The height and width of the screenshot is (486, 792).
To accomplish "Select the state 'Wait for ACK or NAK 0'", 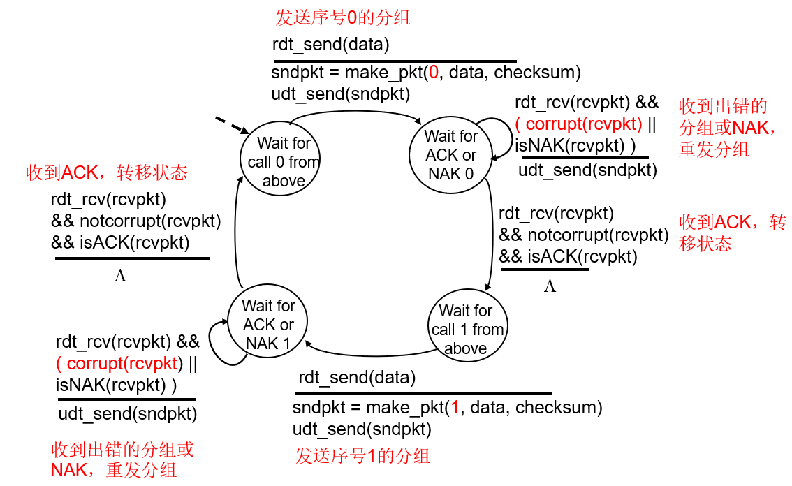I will [x=450, y=155].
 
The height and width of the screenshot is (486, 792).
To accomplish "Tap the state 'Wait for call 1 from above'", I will [x=466, y=329].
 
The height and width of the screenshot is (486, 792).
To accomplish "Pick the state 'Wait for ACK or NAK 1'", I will [x=268, y=324].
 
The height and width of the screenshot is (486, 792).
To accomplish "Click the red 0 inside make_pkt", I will [x=434, y=73].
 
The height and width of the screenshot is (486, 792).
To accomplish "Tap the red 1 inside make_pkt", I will [x=455, y=407].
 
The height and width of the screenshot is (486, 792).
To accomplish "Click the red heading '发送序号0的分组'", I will [x=343, y=17].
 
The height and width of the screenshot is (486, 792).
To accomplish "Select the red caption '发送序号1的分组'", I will [x=362, y=456].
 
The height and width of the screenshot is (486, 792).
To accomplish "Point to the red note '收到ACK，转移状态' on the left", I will [x=107, y=172].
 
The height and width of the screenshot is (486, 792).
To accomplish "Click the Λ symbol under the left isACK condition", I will [x=120, y=276].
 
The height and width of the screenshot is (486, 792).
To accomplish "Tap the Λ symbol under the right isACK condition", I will [x=550, y=286].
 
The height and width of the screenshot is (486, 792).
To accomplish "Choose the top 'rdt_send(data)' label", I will [x=330, y=45].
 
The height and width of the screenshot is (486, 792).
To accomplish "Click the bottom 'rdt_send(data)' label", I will [x=357, y=378].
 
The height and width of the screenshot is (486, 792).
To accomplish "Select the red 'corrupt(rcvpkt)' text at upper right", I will [x=583, y=124].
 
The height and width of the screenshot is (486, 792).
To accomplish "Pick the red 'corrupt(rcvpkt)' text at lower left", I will [x=122, y=363].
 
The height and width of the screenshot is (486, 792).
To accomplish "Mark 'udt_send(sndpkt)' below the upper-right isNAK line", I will [x=587, y=170].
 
